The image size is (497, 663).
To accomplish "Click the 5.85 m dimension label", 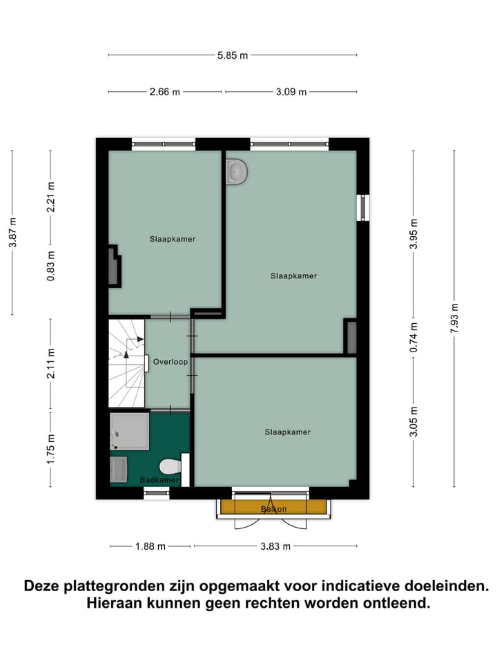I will coord(233,55).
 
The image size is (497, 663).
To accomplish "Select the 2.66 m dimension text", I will coord(165,91).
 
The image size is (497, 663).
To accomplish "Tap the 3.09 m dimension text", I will coord(291,91).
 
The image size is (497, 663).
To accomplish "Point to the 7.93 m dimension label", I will coord(454,318).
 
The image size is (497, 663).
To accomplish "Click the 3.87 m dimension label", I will coord(12,232).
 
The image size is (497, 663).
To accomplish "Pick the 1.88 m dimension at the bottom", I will coord(150,546).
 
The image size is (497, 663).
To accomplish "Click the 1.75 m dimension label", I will coord(50,449).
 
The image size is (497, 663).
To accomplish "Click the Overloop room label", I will coord(168,361).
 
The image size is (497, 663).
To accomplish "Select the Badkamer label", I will coord(159,479).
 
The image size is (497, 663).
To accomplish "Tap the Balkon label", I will coord(273,509).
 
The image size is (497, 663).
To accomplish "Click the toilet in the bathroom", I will coord(170,466).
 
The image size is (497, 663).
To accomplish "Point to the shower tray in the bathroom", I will coord(129,431).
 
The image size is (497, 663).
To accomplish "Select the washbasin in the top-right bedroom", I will coord(236,171).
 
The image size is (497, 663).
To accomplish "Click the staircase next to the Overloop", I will coord(126,363).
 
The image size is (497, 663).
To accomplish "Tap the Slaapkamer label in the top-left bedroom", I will coord(173,239).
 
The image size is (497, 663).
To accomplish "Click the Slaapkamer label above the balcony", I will coord(287,432).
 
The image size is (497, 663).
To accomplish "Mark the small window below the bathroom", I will coord(156,492).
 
